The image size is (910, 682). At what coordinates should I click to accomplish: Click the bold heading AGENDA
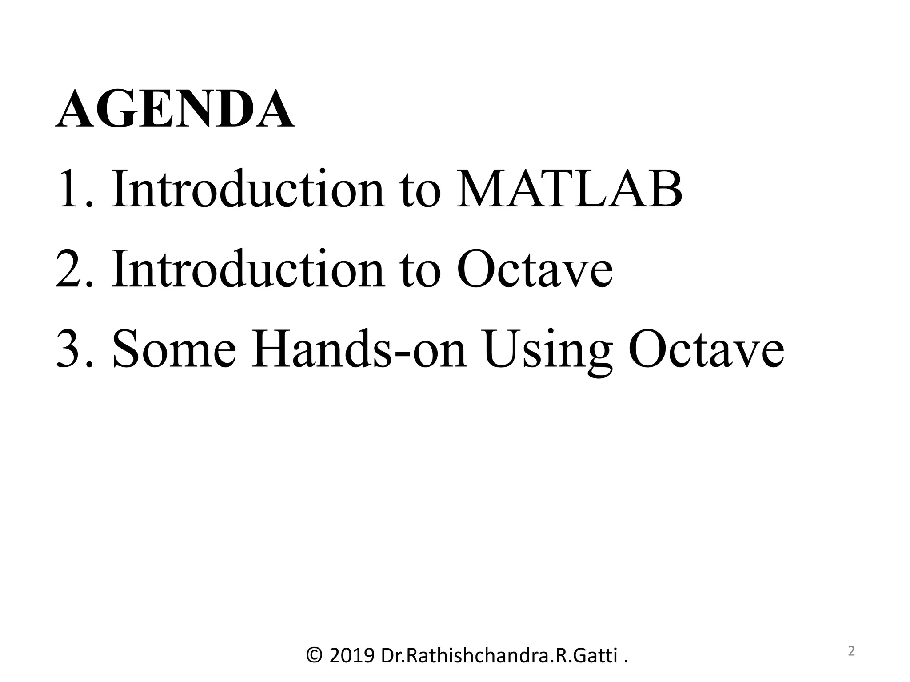point(175,109)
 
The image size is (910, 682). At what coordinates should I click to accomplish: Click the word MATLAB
point(570,189)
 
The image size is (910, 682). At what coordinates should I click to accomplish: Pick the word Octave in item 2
point(535,269)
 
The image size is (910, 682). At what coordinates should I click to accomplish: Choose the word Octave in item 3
point(706,349)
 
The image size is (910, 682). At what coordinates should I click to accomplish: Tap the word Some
point(174,349)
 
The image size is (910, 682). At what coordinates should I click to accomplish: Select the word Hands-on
point(359,349)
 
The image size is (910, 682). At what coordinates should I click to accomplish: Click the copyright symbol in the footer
point(315,655)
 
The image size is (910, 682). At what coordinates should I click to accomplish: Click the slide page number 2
point(851,651)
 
